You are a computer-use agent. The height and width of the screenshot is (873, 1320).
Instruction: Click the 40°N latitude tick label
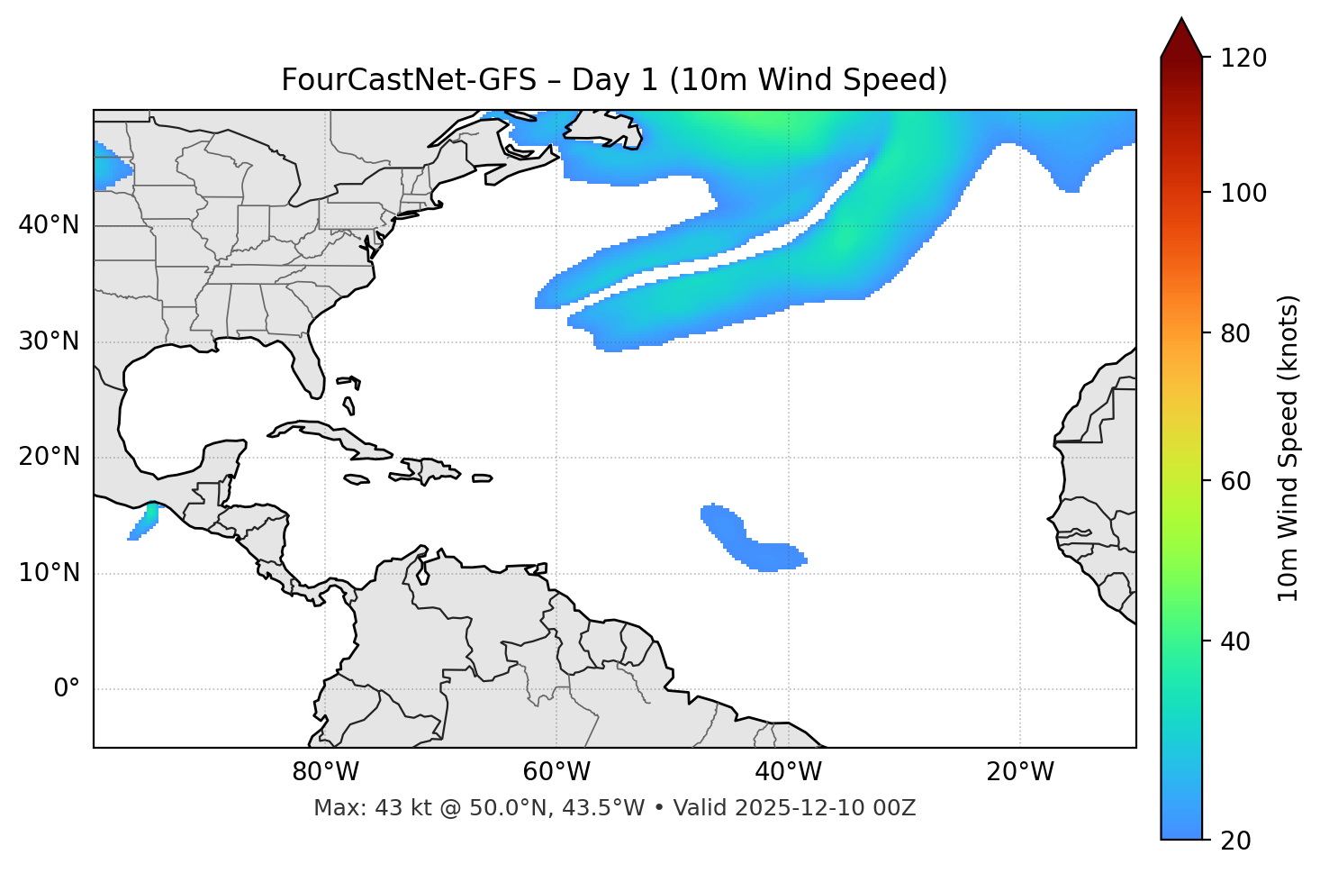tap(49, 225)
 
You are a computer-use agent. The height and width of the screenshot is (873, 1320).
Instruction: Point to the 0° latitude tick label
tap(66, 689)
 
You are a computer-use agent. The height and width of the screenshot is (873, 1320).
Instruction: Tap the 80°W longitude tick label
tap(325, 772)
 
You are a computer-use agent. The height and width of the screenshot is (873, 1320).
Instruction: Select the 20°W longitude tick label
tap(1020, 772)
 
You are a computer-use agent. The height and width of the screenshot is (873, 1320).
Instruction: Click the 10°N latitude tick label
tap(49, 573)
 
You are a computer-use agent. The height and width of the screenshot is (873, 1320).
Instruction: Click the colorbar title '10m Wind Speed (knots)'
tap(1288, 448)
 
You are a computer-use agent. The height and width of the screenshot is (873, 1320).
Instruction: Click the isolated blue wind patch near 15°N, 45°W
tap(738, 536)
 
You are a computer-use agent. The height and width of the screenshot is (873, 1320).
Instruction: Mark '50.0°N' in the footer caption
tap(508, 808)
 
